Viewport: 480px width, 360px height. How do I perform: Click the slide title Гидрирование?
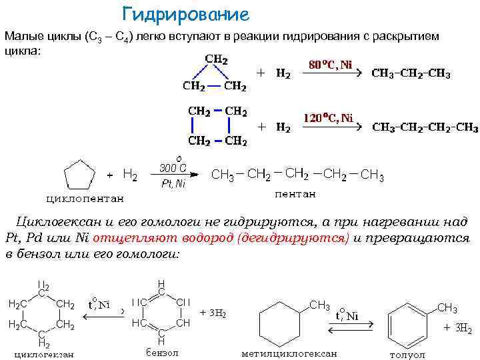[x=186, y=14]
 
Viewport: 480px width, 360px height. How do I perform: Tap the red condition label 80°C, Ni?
[x=330, y=65]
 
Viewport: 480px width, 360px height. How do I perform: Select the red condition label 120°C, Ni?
[x=329, y=118]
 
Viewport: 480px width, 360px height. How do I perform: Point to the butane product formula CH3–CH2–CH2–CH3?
[x=424, y=127]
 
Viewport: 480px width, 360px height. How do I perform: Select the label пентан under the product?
[x=295, y=194]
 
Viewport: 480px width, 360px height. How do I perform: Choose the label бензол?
[x=161, y=352]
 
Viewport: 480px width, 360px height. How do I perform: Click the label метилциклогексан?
[x=289, y=353]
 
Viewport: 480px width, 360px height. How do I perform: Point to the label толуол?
[x=407, y=354]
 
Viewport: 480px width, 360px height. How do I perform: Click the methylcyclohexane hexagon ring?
[x=283, y=323]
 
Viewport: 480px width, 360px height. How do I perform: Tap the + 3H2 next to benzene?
[x=213, y=312]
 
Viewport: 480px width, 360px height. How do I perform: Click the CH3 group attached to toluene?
[x=447, y=307]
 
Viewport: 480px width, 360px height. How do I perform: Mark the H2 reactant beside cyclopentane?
[x=130, y=175]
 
